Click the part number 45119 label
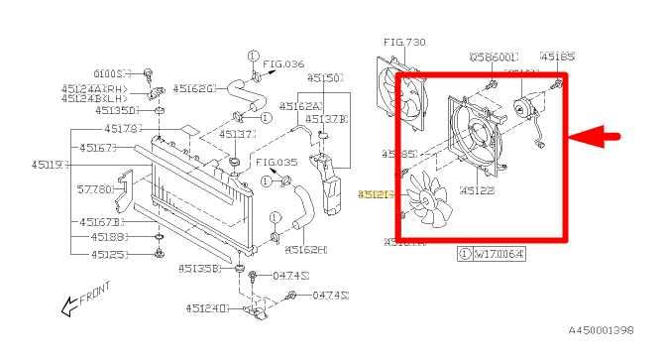click(x=48, y=164)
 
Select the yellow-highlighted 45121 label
click(x=375, y=195)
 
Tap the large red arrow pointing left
click(x=603, y=137)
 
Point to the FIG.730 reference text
click(x=403, y=42)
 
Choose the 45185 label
click(x=557, y=58)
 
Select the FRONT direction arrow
click(x=83, y=299)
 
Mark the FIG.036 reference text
click(x=284, y=63)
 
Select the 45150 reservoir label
click(x=324, y=76)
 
